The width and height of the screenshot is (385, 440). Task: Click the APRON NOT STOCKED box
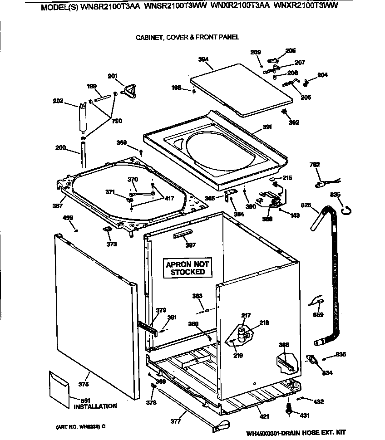188,268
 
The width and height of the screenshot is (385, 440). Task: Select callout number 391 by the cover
267,127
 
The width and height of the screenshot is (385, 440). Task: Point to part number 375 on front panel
83,385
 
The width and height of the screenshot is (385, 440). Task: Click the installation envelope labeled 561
59,383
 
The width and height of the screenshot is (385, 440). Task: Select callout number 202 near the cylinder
58,101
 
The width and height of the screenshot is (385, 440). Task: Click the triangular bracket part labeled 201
130,92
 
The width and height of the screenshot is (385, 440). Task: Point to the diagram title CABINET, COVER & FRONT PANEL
188,37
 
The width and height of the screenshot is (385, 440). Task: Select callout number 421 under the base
264,416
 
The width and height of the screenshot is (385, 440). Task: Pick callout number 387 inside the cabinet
191,245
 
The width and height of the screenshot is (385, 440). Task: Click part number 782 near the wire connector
315,165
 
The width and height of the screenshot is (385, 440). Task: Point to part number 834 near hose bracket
327,373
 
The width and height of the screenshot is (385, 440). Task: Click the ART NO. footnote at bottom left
81,427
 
